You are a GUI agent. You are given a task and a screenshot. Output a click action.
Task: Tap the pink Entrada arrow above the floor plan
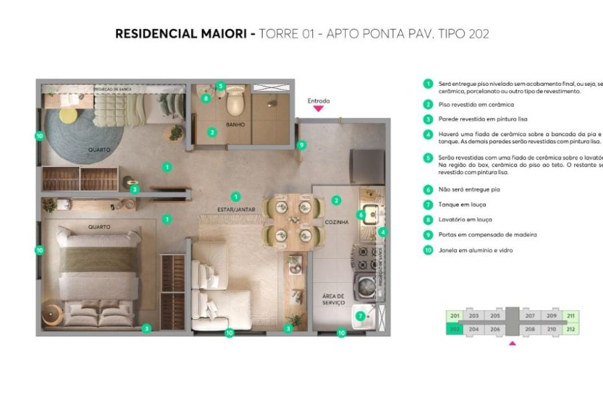click(x=319, y=108)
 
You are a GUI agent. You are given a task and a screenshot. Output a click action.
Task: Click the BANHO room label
click(x=234, y=125)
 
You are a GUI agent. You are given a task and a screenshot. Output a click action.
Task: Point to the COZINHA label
click(x=336, y=222)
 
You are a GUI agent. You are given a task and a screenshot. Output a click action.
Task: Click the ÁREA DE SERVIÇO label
click(x=332, y=299)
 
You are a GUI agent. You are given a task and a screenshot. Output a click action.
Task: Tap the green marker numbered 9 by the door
click(x=301, y=144)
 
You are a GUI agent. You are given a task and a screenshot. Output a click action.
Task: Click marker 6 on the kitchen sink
click(x=360, y=215)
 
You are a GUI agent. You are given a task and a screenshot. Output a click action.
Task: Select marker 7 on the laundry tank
click(x=360, y=316)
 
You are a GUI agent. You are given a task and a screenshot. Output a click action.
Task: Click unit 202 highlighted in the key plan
click(x=455, y=329)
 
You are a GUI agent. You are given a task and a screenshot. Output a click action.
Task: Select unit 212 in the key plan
click(x=571, y=329)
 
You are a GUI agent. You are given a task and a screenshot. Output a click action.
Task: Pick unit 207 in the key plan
click(x=530, y=316)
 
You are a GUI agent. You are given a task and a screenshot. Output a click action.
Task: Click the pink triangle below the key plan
click(x=513, y=344)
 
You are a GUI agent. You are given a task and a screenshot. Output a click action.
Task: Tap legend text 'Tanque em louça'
click(x=462, y=204)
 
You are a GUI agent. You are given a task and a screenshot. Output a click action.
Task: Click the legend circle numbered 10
click(x=427, y=251)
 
